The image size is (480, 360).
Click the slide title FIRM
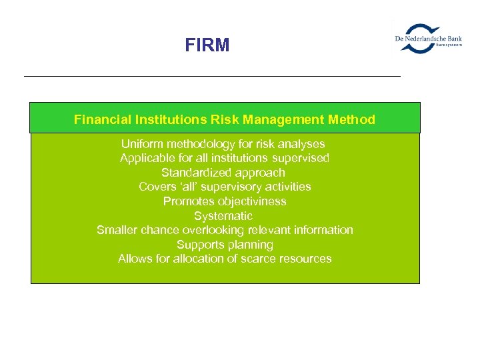point(207,45)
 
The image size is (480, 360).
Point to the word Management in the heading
point(287,120)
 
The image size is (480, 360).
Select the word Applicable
point(145,159)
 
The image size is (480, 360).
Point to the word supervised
point(301,159)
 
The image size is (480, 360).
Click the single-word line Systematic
point(223,216)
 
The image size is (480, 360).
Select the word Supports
point(198,245)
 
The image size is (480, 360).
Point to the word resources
point(309,259)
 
